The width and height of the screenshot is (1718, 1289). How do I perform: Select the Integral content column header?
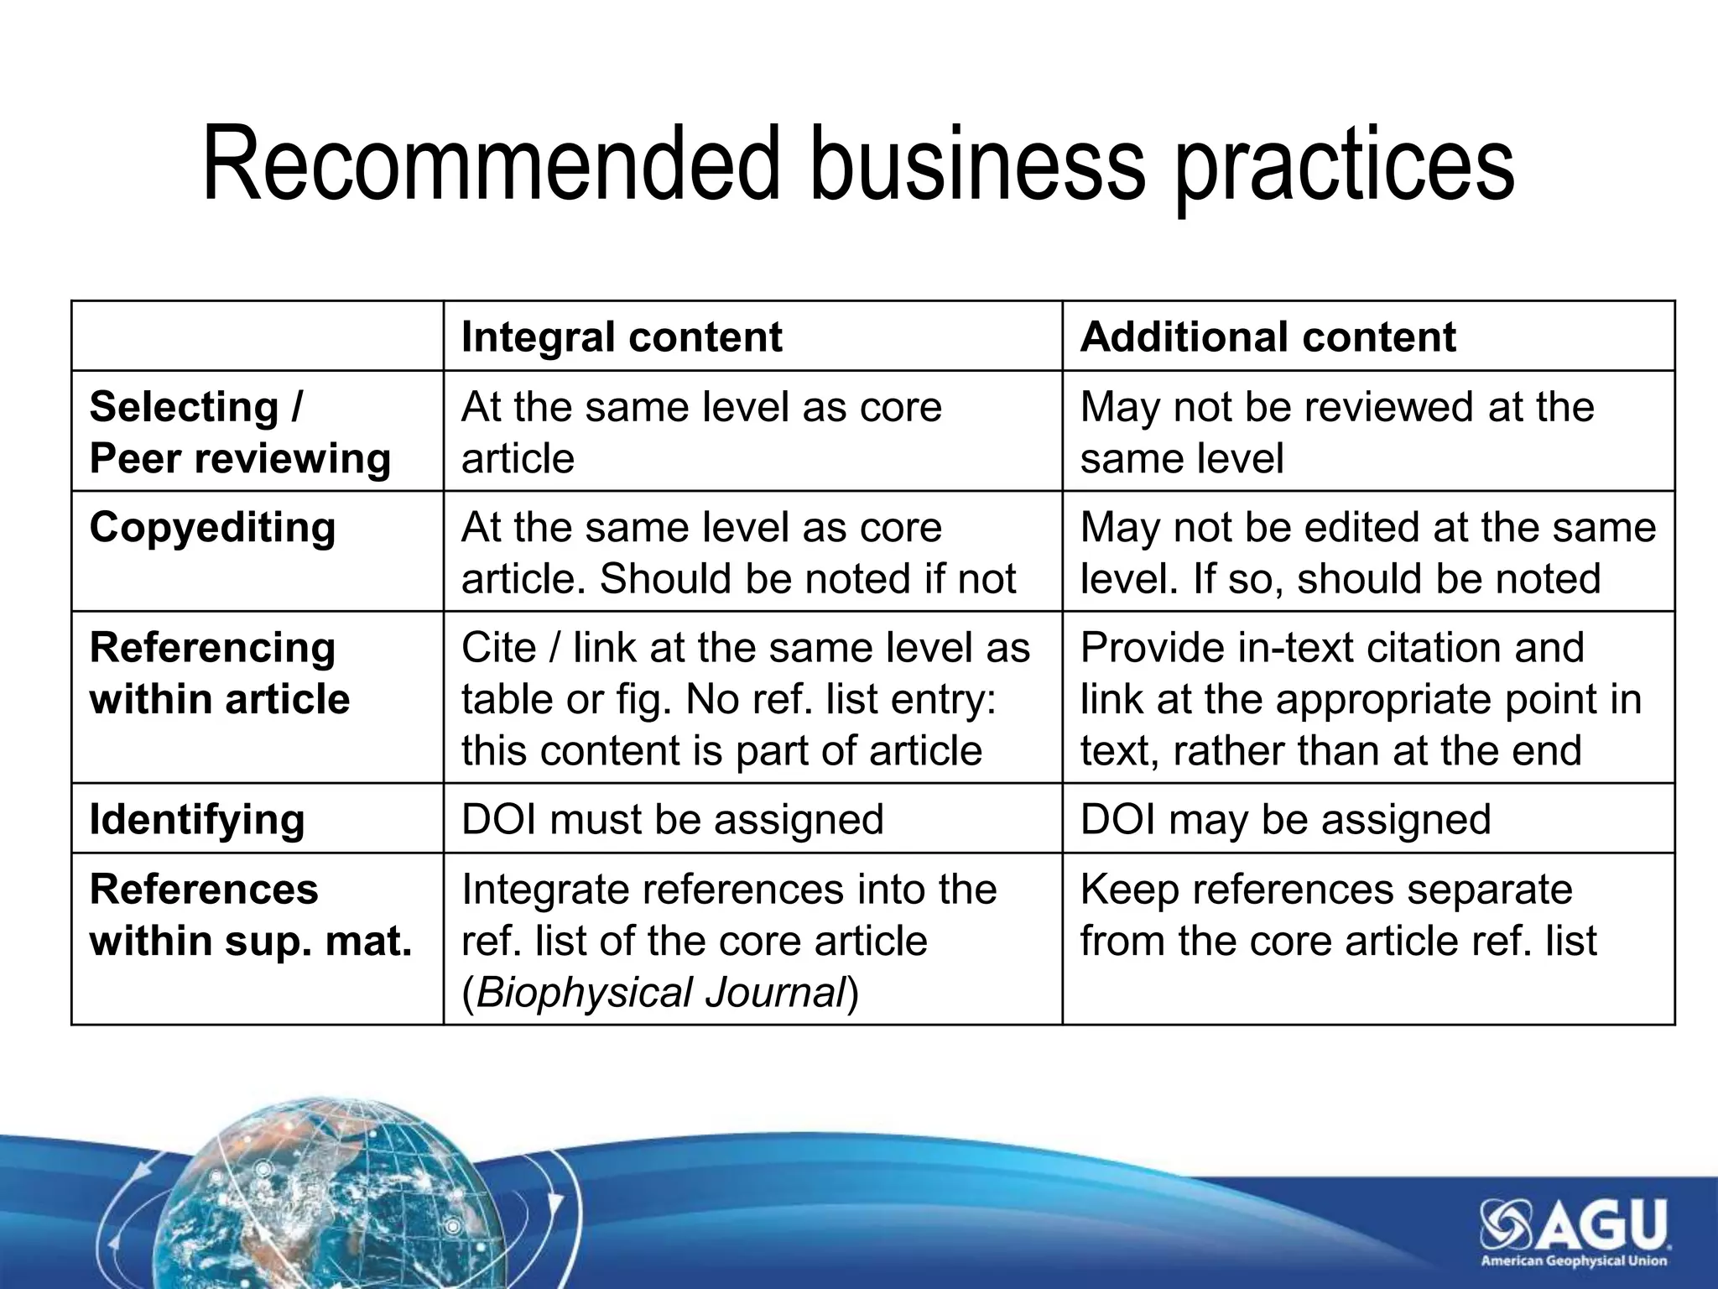[x=622, y=337]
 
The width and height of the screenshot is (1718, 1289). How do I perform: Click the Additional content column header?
[x=1268, y=337]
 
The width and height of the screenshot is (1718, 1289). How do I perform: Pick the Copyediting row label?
[x=213, y=528]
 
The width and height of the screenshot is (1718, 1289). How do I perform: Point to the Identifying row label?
[x=197, y=819]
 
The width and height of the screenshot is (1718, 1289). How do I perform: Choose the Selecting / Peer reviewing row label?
[x=240, y=432]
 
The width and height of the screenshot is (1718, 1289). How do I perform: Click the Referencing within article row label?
[x=220, y=673]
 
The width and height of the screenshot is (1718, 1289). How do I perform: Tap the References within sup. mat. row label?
[x=251, y=915]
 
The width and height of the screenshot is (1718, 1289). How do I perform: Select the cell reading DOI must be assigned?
[x=673, y=819]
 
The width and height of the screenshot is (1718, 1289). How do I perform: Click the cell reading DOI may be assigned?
[x=1285, y=819]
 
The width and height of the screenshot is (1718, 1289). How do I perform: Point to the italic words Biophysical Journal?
[x=660, y=992]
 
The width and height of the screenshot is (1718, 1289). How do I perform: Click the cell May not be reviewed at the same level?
[x=1337, y=432]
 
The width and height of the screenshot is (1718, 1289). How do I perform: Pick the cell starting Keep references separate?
[x=1338, y=915]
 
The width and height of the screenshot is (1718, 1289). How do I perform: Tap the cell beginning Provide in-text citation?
[x=1360, y=699]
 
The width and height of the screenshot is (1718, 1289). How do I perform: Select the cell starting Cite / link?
[x=745, y=699]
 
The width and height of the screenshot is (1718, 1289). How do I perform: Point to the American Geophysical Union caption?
[x=1573, y=1261]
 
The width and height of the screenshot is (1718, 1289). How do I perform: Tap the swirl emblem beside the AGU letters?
[x=1507, y=1224]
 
